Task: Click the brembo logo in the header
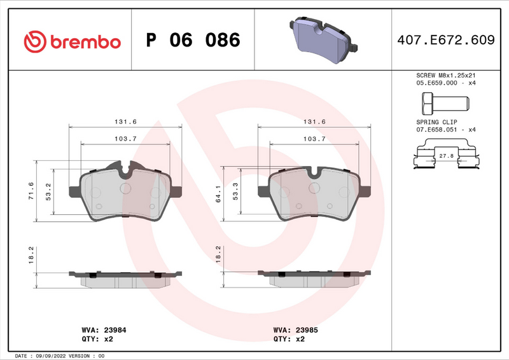click(71, 41)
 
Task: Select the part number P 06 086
click(193, 41)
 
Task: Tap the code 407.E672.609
click(445, 41)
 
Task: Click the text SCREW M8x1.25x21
click(445, 75)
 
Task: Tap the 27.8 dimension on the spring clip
click(446, 155)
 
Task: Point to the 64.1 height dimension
click(218, 194)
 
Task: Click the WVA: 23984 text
click(103, 330)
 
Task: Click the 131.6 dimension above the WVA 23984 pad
click(125, 121)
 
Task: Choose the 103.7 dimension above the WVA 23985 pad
click(314, 139)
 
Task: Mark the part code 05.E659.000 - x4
click(445, 83)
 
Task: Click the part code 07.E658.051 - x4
click(445, 128)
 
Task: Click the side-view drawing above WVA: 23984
click(125, 278)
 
